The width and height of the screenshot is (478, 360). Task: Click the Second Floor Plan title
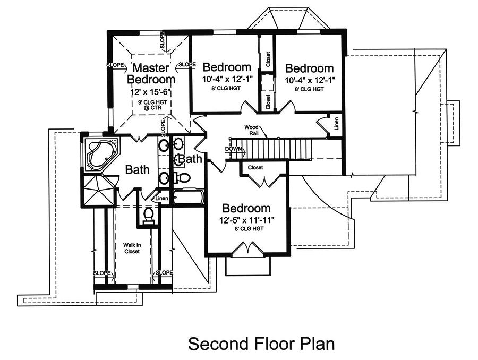click(x=261, y=344)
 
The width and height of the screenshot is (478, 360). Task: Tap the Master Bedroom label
click(x=151, y=73)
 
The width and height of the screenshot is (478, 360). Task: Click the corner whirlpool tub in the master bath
click(x=100, y=155)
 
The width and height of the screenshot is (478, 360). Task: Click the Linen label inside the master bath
click(x=162, y=199)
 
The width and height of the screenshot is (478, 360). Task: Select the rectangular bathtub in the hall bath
click(x=188, y=198)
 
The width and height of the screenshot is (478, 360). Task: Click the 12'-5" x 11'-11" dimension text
click(x=246, y=219)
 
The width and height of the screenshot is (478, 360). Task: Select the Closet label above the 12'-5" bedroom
click(x=255, y=167)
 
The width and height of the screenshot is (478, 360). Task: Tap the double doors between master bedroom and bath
click(x=140, y=137)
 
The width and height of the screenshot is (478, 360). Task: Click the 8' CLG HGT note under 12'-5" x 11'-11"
click(x=246, y=229)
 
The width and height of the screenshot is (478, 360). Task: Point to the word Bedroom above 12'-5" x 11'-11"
click(x=246, y=208)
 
